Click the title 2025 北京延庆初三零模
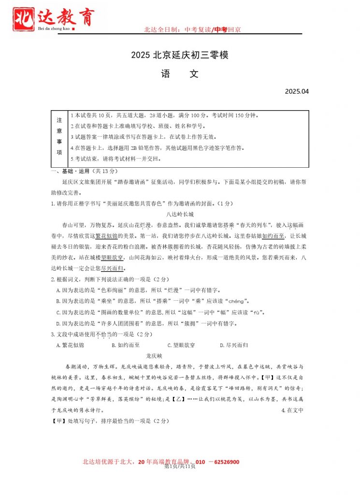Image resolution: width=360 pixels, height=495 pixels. click(179, 55)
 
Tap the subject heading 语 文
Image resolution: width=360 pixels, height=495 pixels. click(180, 74)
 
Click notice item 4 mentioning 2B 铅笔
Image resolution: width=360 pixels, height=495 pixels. click(157, 148)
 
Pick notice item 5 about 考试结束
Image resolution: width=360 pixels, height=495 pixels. click(115, 159)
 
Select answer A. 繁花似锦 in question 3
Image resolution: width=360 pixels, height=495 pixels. click(70, 345)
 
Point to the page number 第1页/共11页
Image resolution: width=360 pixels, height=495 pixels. click(180, 466)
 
